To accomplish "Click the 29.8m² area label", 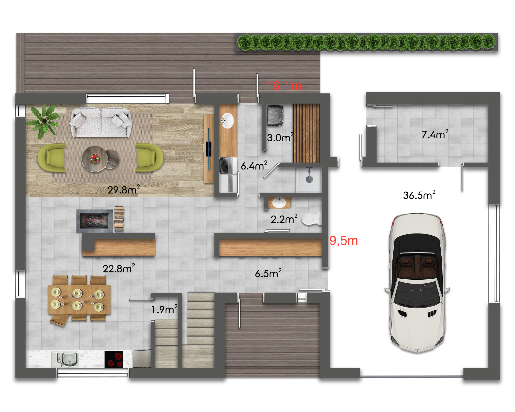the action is click(x=124, y=190).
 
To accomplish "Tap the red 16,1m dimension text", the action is click(x=284, y=86).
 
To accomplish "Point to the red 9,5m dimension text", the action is click(x=344, y=241).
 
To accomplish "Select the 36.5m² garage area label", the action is click(x=419, y=195).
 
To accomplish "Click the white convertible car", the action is click(x=417, y=282).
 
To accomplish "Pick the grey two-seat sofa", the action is click(x=101, y=123).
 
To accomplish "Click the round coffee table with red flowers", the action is click(x=95, y=159).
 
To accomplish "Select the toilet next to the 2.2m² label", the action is click(x=312, y=219).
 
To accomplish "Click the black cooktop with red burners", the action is click(x=114, y=359).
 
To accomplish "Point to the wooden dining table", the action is click(x=80, y=299).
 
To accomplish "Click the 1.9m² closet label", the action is click(x=164, y=309).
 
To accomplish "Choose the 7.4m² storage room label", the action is click(x=435, y=134).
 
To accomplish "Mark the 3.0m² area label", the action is click(x=280, y=137).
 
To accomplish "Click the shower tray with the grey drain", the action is click(x=309, y=179).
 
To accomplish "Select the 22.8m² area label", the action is click(x=119, y=268).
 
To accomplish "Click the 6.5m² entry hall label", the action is click(x=268, y=273).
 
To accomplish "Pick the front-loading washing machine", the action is click(x=228, y=166).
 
